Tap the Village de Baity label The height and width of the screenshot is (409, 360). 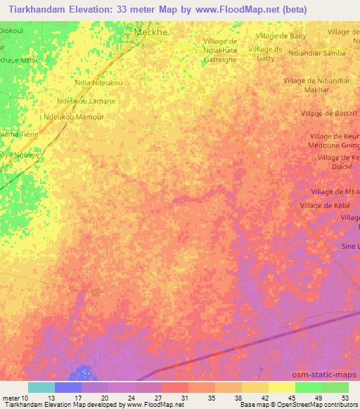click(x=281, y=36)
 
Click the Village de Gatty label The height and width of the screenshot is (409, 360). click(x=266, y=53)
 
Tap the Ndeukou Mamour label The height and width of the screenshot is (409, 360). click(x=73, y=117)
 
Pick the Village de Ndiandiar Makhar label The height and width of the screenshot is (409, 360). click(x=315, y=85)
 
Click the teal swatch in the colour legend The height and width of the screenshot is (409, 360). click(x=41, y=387)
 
